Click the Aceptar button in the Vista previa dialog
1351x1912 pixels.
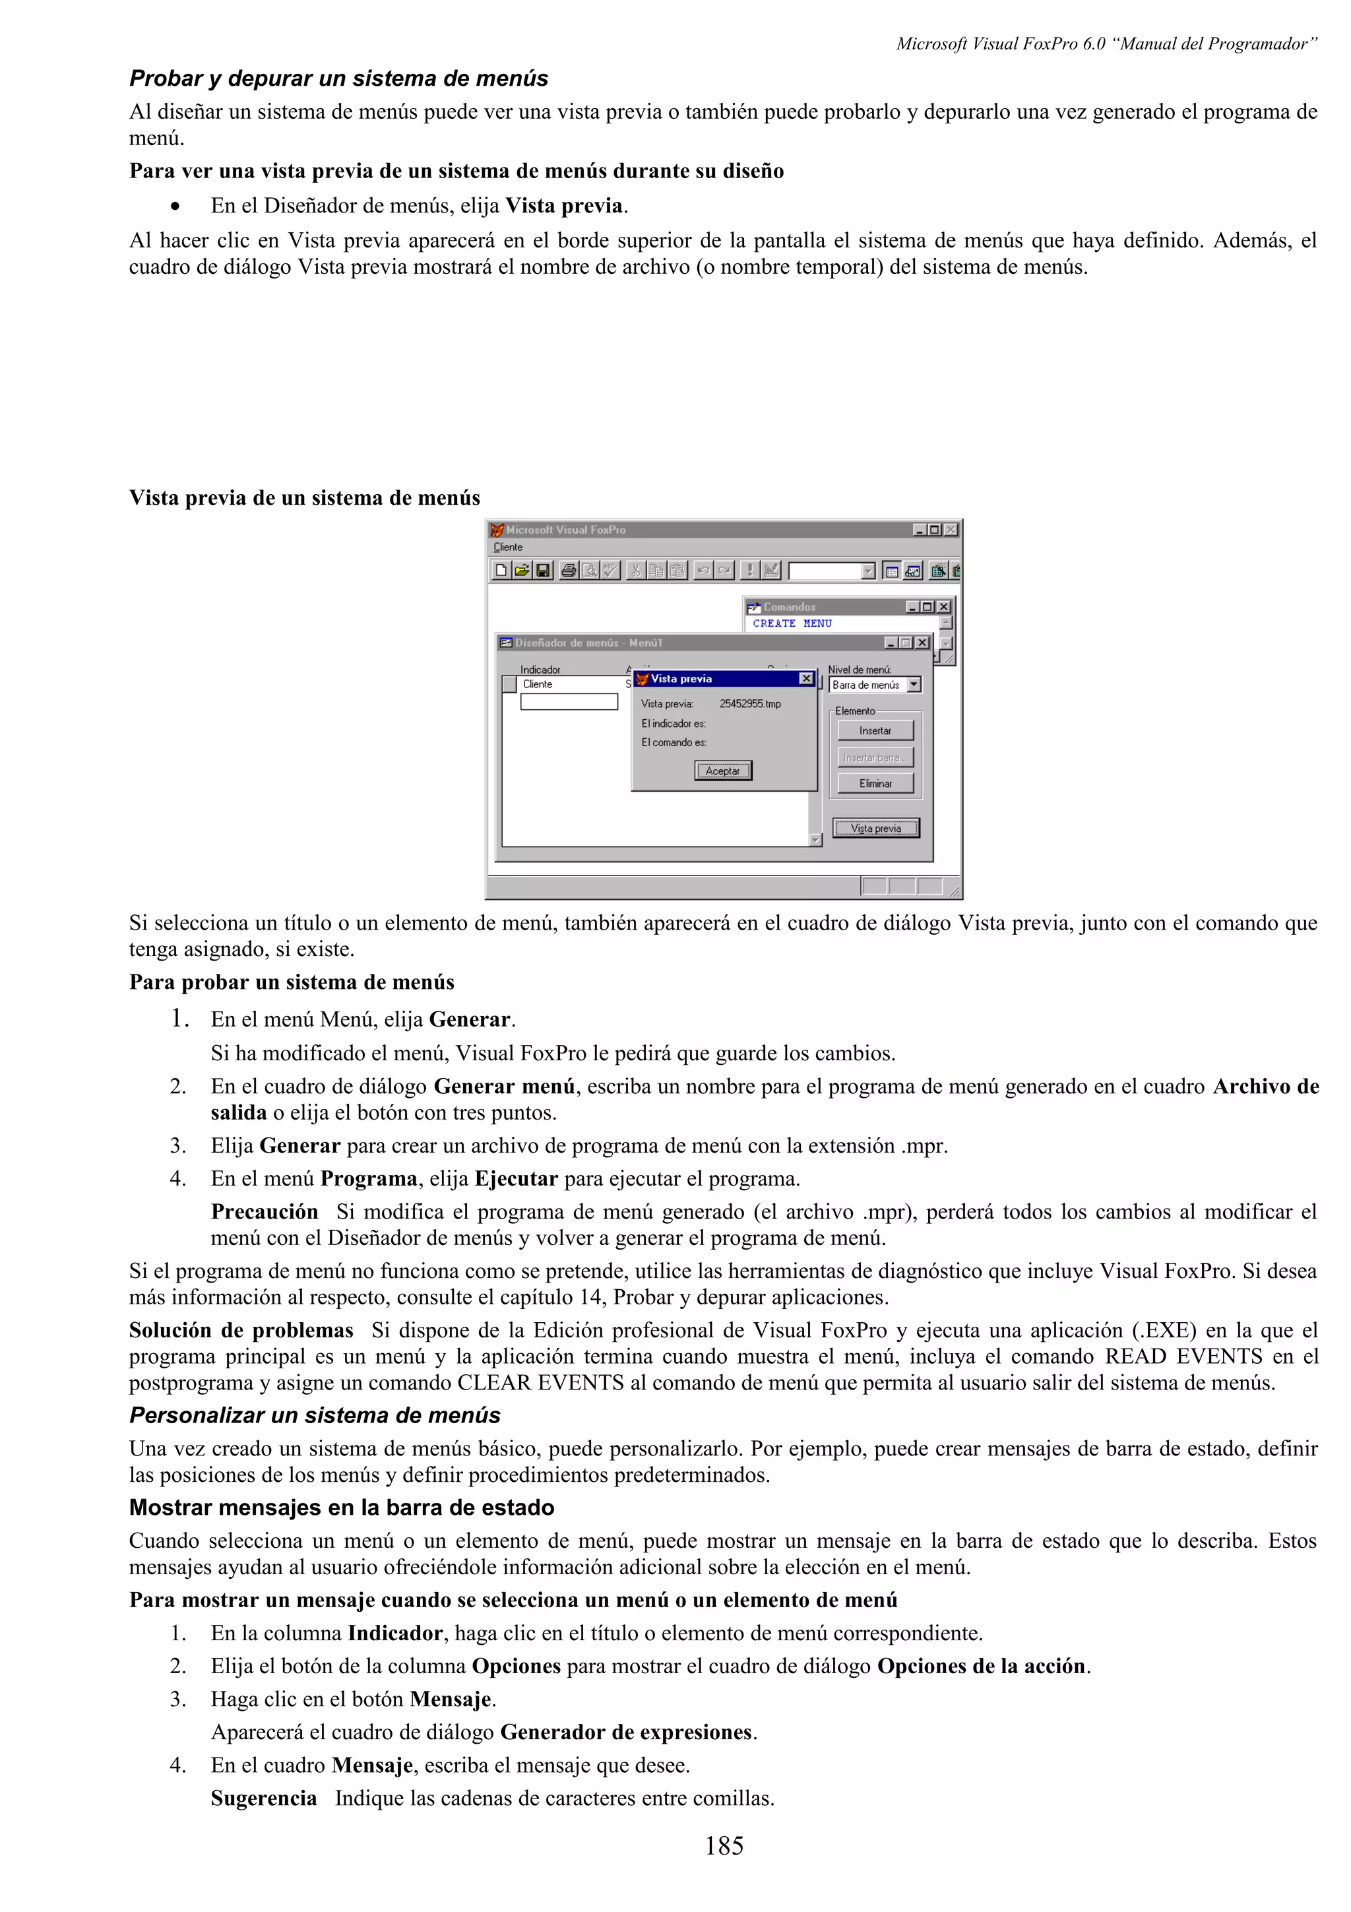click(x=722, y=771)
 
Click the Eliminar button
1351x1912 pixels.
click(x=875, y=784)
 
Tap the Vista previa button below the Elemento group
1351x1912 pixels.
click(x=875, y=829)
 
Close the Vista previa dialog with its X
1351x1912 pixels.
click(x=805, y=679)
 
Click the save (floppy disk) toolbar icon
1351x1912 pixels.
click(x=543, y=571)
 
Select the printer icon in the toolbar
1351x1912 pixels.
click(x=569, y=571)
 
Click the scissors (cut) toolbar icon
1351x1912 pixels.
click(x=635, y=571)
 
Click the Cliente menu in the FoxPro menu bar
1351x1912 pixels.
click(x=508, y=547)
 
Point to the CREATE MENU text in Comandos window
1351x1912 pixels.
click(x=792, y=623)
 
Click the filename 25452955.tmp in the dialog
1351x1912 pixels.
click(x=750, y=704)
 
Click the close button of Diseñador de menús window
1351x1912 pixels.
click(x=922, y=643)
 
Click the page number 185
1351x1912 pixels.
click(x=724, y=1846)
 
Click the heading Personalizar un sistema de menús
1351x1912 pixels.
click(x=315, y=1416)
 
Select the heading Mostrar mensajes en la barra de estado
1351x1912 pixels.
click(x=341, y=1508)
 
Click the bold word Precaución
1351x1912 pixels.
click(x=264, y=1211)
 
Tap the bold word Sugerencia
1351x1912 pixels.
click(x=263, y=1798)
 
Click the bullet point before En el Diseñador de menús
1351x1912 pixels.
click(x=175, y=207)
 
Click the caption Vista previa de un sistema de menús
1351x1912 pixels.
click(x=305, y=498)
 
